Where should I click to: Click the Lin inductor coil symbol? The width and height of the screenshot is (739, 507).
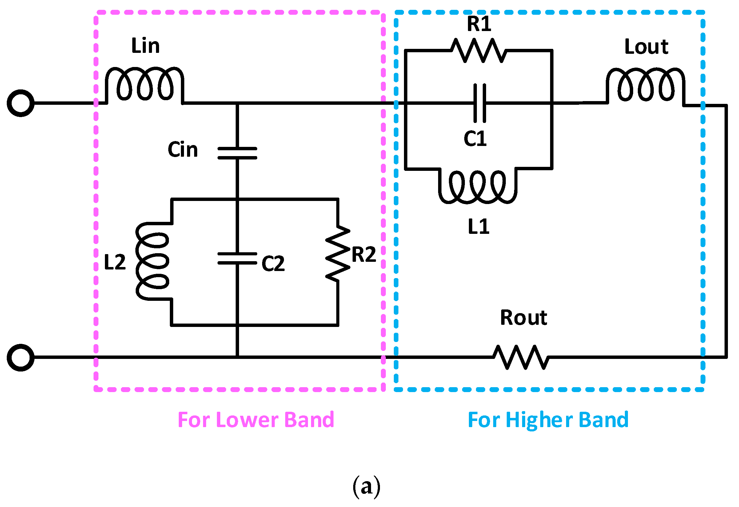pos(145,84)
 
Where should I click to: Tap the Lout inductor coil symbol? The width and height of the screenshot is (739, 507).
pos(646,85)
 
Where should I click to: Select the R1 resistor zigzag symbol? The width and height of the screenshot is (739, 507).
pos(479,50)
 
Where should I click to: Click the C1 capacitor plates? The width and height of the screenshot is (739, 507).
pos(480,103)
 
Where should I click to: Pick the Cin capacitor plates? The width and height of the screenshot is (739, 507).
pos(238,153)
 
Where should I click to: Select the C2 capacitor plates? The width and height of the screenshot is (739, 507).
pos(238,259)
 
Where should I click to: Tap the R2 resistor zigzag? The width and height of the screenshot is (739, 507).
pos(338,253)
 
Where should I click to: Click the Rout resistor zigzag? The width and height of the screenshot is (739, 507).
pos(521,358)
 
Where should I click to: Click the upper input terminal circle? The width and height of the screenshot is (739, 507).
pos(21,103)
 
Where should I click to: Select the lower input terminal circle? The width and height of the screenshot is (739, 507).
pos(21,358)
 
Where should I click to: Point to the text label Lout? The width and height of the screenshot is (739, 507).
pos(646,47)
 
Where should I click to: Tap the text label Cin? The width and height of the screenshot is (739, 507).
pos(183,150)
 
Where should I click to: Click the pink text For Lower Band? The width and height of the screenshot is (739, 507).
pos(256,420)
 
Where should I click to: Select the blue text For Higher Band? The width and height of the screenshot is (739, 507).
pos(549,420)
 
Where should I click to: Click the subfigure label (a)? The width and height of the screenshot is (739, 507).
pos(367,487)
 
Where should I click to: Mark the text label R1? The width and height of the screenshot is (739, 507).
pos(479,24)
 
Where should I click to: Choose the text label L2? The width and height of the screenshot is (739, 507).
pos(115,262)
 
